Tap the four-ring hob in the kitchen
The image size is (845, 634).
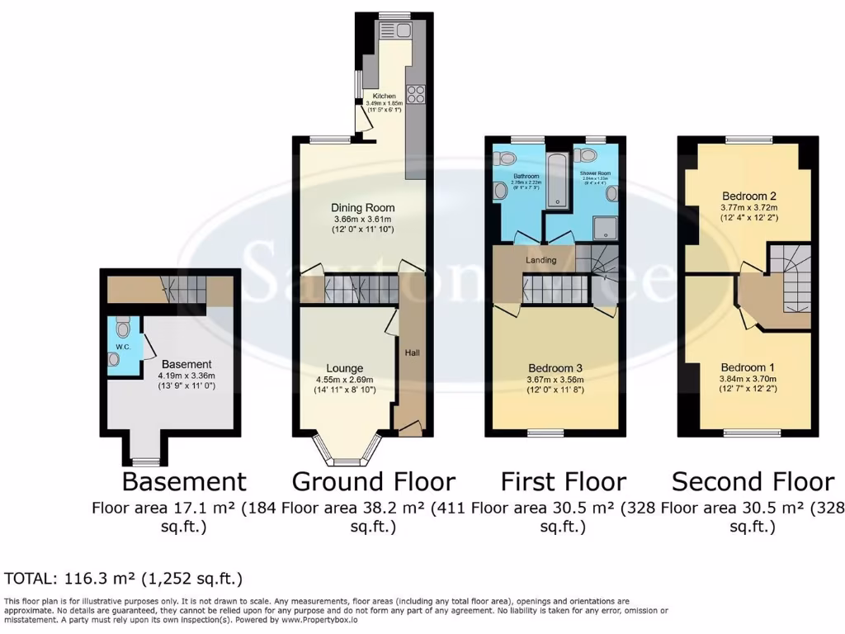pyautogui.click(x=415, y=95)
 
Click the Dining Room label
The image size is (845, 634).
pyautogui.click(x=362, y=208)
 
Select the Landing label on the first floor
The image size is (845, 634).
pyautogui.click(x=542, y=260)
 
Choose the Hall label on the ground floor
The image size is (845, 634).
pyautogui.click(x=412, y=352)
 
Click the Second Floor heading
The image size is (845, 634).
pyautogui.click(x=753, y=481)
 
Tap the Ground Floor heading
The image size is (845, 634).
pyautogui.click(x=373, y=481)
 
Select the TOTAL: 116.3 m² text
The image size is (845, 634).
pyautogui.click(x=124, y=579)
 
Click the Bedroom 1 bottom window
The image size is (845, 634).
pyautogui.click(x=752, y=433)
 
